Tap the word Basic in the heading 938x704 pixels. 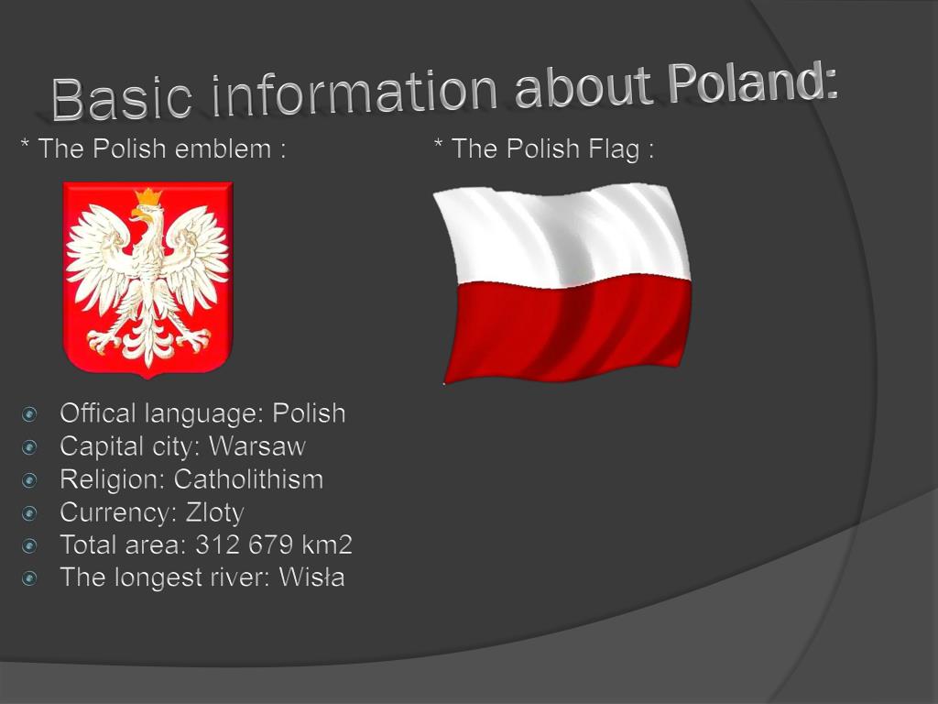(122, 98)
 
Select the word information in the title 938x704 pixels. (354, 93)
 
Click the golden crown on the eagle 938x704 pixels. (147, 197)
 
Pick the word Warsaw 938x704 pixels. (257, 446)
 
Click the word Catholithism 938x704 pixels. (248, 479)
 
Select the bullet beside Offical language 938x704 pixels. (30, 414)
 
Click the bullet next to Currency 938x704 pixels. (30, 513)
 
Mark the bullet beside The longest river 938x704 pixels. (30, 578)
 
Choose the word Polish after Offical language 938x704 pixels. (309, 413)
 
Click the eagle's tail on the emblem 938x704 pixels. (147, 344)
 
